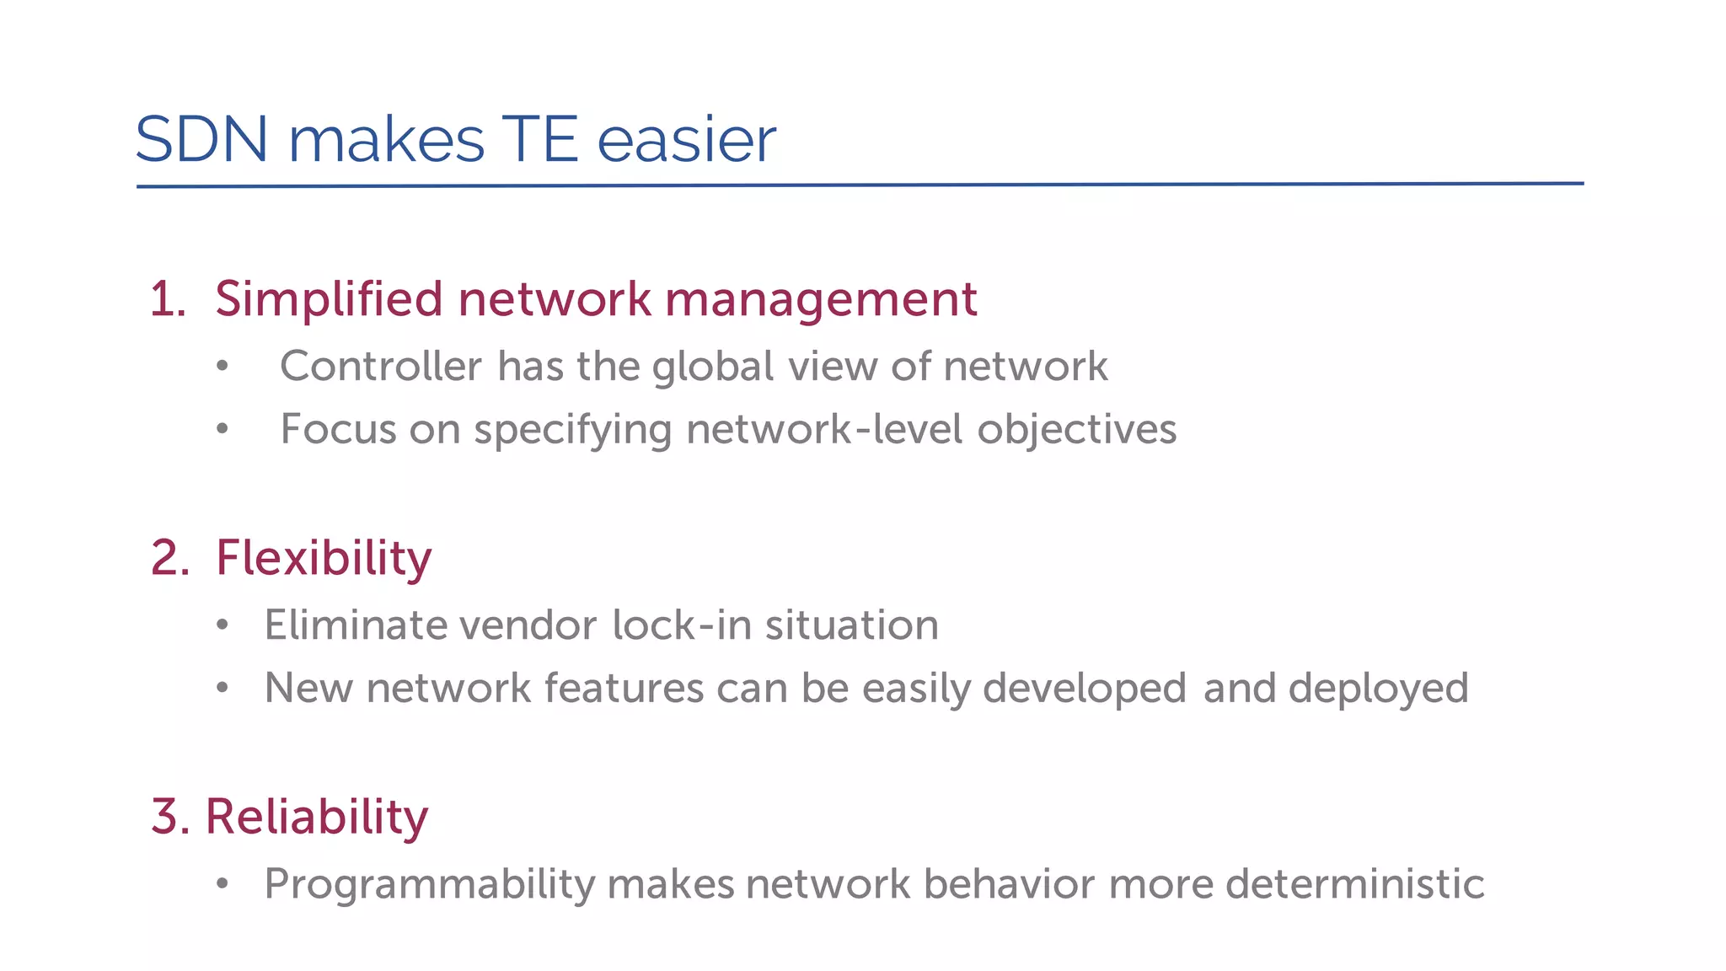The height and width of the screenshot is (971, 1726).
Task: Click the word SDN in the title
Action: point(201,140)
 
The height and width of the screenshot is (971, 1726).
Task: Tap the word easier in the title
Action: point(686,140)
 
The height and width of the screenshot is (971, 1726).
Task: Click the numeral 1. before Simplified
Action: point(168,300)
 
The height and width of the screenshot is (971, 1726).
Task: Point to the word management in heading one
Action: point(821,300)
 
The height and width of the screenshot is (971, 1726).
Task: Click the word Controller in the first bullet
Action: point(381,367)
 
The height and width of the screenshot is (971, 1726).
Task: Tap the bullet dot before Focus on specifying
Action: point(222,429)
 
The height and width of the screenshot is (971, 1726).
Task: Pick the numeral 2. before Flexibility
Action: point(169,559)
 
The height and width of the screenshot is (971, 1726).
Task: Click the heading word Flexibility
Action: point(324,559)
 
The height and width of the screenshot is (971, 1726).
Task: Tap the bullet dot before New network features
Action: point(222,688)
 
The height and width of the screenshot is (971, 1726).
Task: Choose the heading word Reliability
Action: point(317,818)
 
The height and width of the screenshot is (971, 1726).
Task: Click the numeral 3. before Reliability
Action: point(169,818)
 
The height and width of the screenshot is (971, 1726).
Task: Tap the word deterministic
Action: point(1354,884)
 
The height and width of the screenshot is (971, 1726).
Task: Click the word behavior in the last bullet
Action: point(1009,884)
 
